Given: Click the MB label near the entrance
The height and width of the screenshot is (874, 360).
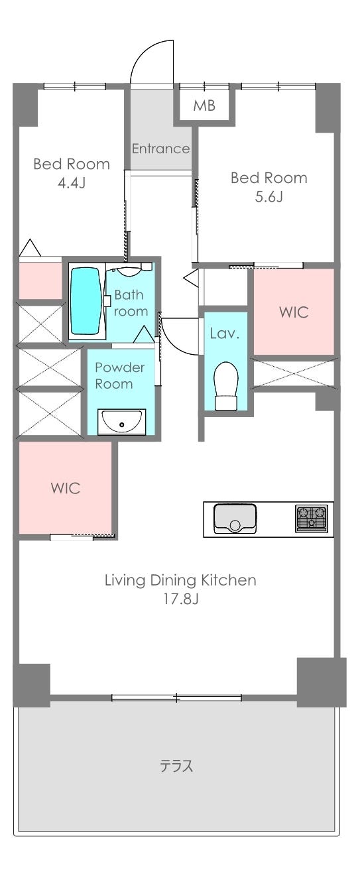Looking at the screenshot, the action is point(204,105).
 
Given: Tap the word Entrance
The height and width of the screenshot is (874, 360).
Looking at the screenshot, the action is point(160,149).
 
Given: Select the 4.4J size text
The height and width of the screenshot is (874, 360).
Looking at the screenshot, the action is point(72,182).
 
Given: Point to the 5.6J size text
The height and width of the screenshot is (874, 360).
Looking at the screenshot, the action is point(269,197).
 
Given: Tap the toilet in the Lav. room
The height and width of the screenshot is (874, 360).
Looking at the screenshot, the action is point(226,386).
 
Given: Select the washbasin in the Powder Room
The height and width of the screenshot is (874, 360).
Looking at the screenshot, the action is point(121,421).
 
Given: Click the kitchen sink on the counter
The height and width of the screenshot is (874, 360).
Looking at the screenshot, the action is point(235,519).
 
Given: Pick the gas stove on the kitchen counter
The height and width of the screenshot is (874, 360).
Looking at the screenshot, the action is point(311,518).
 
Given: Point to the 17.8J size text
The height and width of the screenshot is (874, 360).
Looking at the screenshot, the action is point(181,599).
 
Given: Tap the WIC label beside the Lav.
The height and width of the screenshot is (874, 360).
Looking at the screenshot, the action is point(294,312).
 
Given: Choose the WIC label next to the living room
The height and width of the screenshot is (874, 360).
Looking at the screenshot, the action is point(66,488).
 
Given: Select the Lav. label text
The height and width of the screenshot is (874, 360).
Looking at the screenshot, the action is point(224,333).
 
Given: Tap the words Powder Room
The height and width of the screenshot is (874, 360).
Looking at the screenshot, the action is point(120,376).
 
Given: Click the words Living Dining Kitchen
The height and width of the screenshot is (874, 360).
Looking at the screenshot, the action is point(180,580).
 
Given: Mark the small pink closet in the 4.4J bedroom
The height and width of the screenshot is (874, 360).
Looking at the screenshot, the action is point(40,280).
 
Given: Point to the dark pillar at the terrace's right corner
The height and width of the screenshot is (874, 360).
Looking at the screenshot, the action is point(322,682).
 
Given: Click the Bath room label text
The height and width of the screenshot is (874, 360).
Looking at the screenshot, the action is point(131,303).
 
